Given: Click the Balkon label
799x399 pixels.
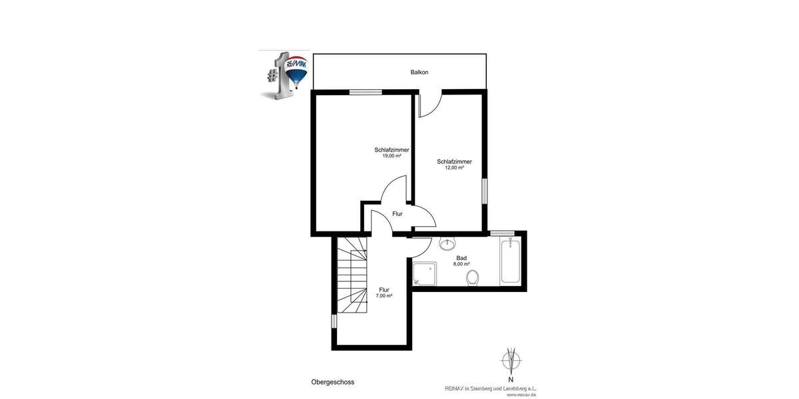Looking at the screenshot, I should point(419,72).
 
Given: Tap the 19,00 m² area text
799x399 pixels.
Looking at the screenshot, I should point(392,156).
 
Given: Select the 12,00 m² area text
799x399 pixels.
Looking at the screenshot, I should point(454,168).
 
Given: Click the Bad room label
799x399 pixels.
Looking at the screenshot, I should point(461,258).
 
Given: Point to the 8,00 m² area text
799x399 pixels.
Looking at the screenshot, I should point(461,264).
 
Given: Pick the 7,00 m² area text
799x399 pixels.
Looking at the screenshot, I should point(384,295).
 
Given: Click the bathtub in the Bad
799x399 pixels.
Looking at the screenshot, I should point(510,261).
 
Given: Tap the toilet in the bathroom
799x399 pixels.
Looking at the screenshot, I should point(473,277).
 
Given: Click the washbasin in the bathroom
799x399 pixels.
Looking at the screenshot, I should point(447,243).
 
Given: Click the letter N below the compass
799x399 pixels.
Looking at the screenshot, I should point(511,380).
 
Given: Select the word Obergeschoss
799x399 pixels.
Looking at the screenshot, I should point(332,382).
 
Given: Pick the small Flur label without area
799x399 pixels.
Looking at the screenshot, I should point(398,214).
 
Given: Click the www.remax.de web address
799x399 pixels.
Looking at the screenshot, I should point(521,394).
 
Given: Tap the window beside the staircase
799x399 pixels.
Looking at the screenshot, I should point(334,321).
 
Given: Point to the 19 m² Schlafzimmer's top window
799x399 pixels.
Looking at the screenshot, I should point(366,92).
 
